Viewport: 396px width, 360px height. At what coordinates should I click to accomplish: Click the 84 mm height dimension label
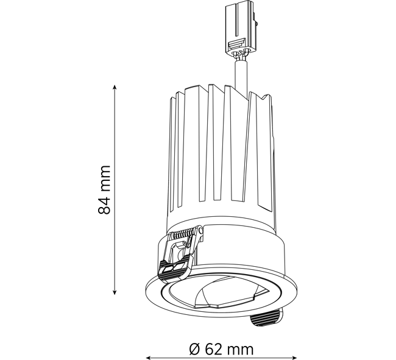(x=104, y=190)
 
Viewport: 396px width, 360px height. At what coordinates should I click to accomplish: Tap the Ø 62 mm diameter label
(x=221, y=350)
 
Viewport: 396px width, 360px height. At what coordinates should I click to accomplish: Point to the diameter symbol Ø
(x=195, y=350)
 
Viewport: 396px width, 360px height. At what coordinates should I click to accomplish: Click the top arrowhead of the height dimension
(x=115, y=88)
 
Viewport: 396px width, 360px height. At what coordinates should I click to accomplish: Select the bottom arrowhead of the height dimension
(x=115, y=292)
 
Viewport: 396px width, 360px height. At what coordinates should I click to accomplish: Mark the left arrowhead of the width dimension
(x=149, y=358)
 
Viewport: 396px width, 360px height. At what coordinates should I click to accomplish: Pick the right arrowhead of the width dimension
(x=294, y=358)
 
